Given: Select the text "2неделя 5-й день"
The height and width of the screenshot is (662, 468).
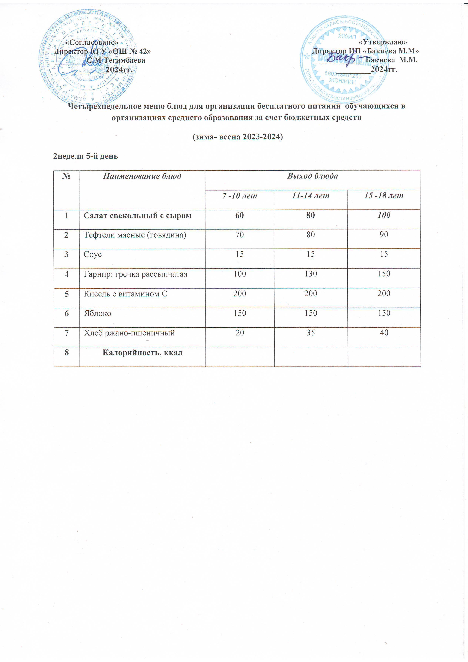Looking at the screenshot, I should (x=86, y=156).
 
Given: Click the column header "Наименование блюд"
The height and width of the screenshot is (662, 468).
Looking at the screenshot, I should (x=142, y=176).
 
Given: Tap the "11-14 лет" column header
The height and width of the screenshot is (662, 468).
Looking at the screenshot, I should (x=311, y=196).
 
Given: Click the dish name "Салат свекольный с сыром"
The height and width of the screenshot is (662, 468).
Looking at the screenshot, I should (x=137, y=216).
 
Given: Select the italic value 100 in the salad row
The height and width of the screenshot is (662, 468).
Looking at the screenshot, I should (x=384, y=215).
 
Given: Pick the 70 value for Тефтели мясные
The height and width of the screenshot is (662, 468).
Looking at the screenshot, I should (x=240, y=235).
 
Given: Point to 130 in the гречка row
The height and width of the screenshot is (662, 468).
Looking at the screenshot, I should (x=311, y=274).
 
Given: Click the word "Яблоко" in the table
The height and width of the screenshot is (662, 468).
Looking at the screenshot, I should (x=97, y=313).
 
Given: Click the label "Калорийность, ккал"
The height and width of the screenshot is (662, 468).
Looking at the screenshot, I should (x=142, y=353).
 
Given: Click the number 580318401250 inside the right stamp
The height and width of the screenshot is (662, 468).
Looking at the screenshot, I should (x=343, y=75).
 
